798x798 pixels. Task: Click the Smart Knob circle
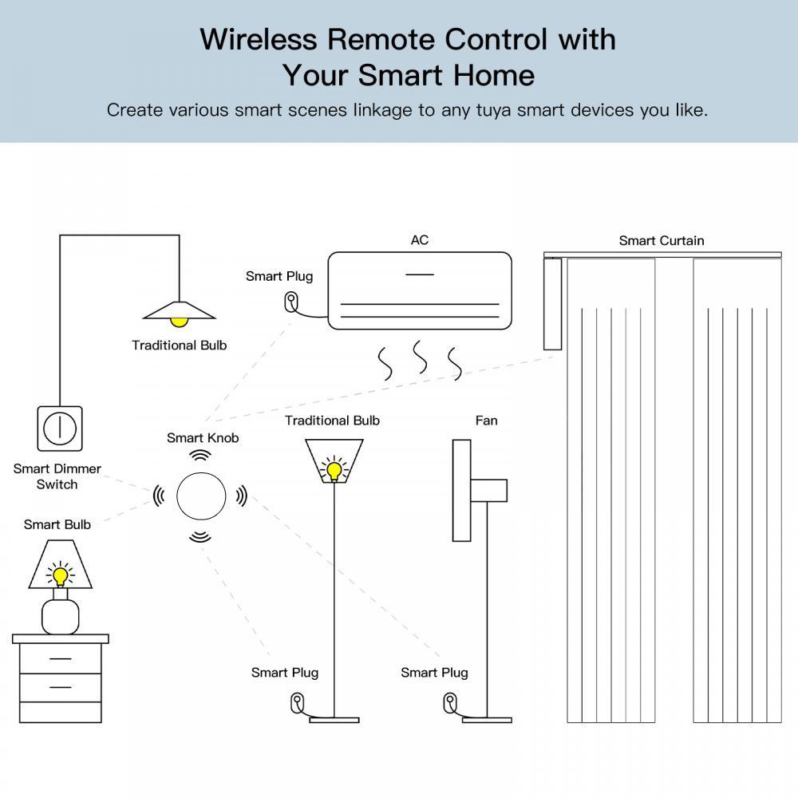click(x=200, y=496)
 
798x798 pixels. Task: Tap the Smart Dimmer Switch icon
click(x=59, y=429)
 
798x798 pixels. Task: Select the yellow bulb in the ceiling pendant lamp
click(x=180, y=320)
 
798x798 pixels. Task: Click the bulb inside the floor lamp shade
click(x=334, y=469)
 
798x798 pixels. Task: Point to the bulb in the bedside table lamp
click(x=60, y=575)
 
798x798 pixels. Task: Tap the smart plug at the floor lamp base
click(x=298, y=703)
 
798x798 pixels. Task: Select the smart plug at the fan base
click(x=448, y=703)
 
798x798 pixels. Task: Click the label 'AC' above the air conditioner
click(x=420, y=240)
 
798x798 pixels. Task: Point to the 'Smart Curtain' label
click(x=662, y=240)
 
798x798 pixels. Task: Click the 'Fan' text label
click(x=486, y=421)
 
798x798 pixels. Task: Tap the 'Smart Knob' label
click(x=203, y=437)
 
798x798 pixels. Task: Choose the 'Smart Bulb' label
click(x=57, y=524)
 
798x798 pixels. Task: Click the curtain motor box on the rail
click(x=552, y=304)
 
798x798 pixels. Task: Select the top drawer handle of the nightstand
click(x=60, y=658)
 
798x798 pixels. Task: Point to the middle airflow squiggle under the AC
click(x=420, y=358)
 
